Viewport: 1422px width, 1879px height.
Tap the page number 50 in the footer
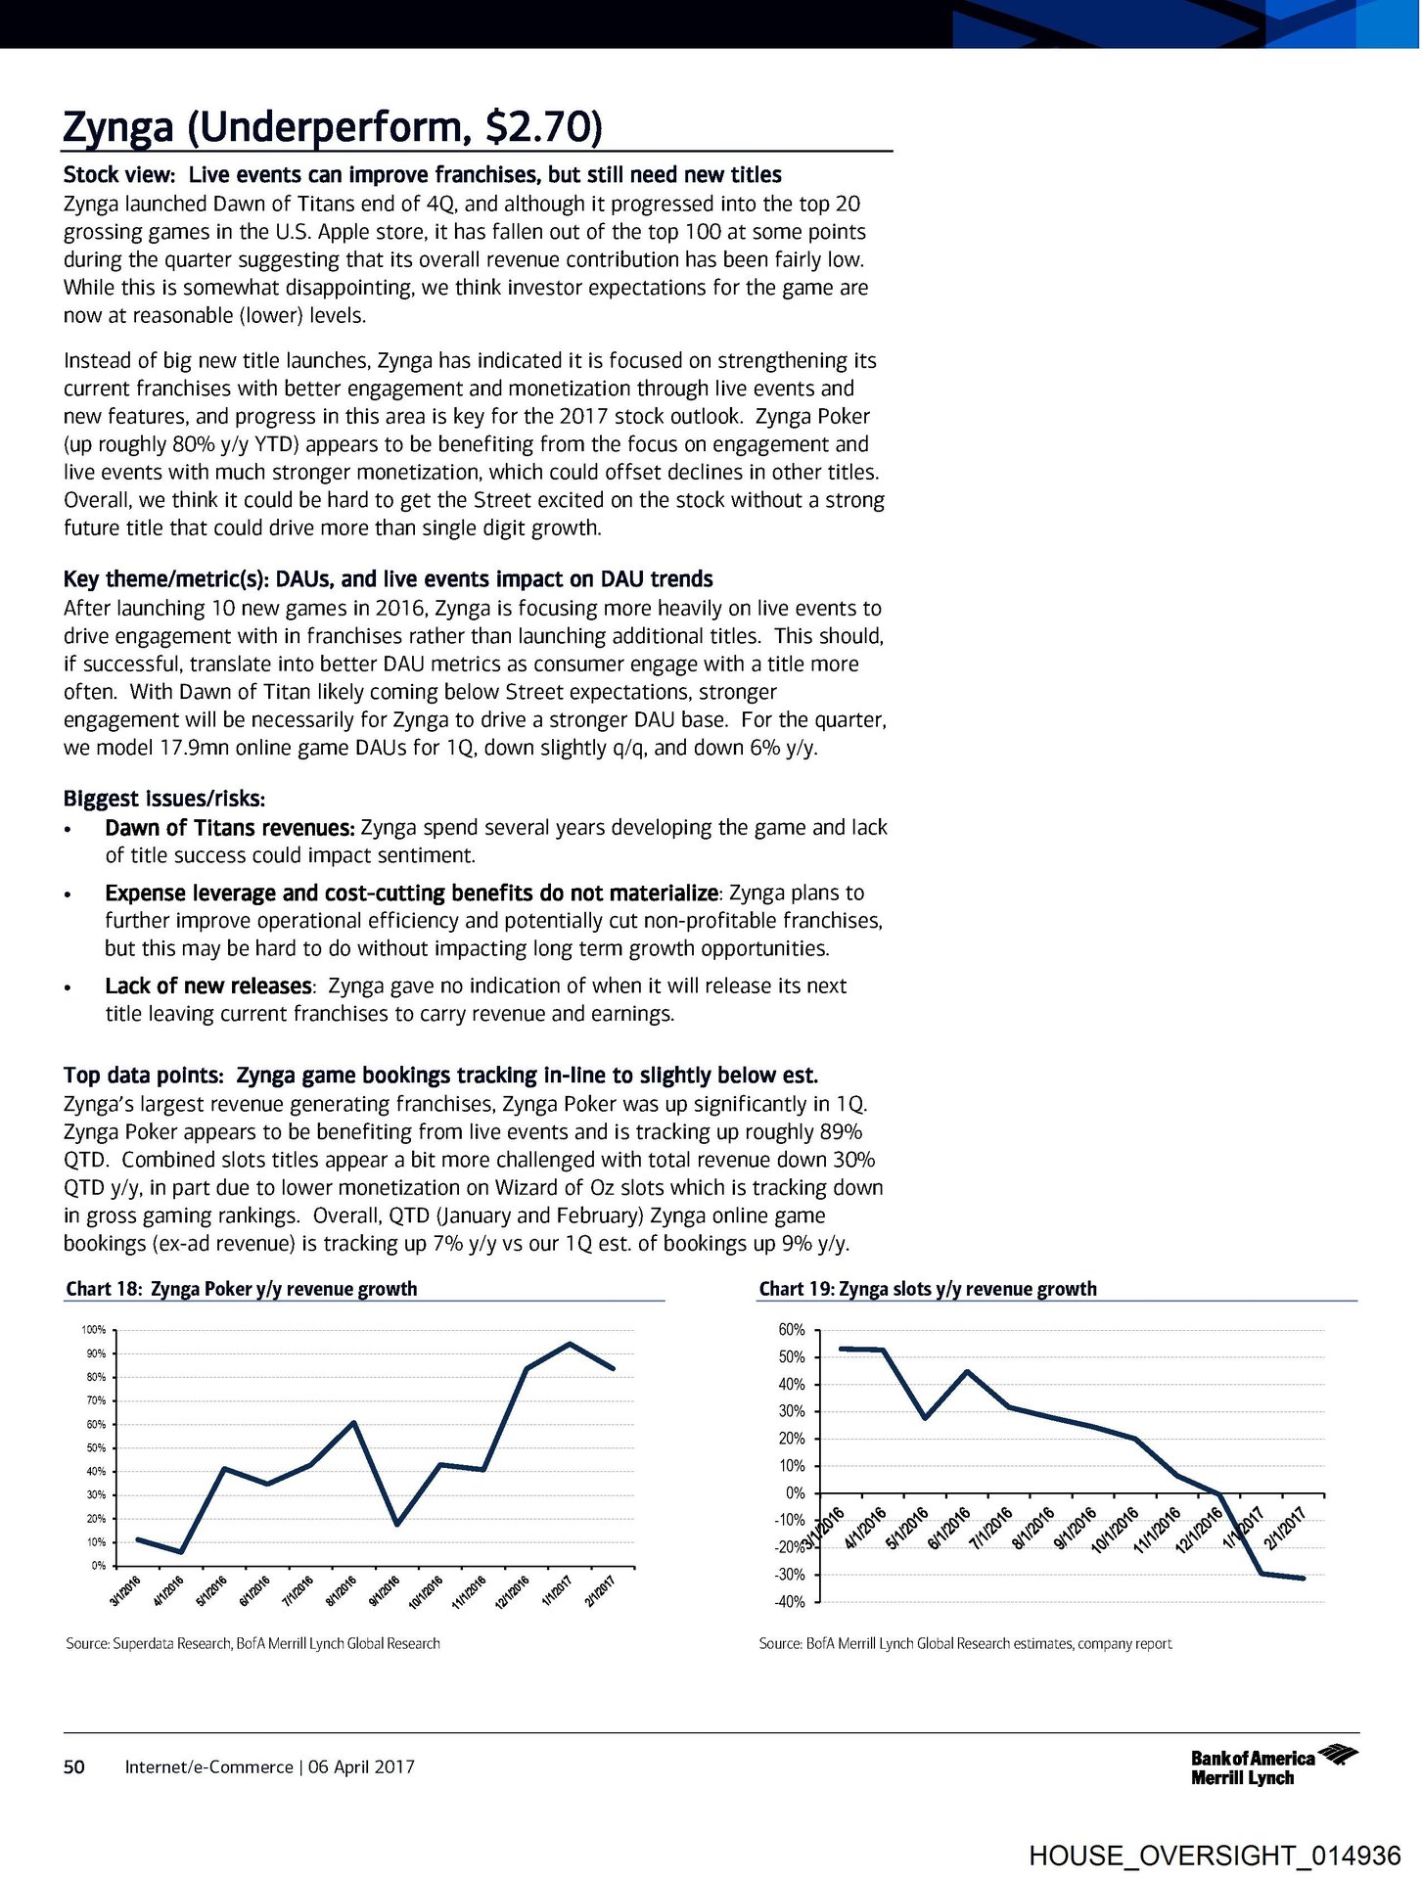[x=73, y=1766]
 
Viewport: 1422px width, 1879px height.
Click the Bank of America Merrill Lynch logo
[x=1272, y=1766]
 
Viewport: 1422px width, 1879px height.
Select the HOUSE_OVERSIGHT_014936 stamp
[x=1215, y=1856]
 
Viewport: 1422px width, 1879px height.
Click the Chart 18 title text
[x=241, y=1289]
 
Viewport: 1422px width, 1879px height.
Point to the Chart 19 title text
[x=927, y=1289]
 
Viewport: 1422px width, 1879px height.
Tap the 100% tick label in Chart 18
[x=94, y=1331]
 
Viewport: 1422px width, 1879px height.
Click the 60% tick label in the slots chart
[x=792, y=1330]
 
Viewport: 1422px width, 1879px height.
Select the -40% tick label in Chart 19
[x=790, y=1602]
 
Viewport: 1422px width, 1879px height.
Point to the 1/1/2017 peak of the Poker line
[x=570, y=1344]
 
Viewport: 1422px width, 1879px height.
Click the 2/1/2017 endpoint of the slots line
[x=1304, y=1578]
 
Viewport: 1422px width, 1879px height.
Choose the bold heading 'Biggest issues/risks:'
[x=164, y=799]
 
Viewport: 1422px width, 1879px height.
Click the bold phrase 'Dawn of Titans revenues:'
[x=229, y=828]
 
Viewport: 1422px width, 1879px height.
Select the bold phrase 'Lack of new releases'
[x=208, y=985]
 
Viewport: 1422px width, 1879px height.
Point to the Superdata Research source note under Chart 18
[x=252, y=1643]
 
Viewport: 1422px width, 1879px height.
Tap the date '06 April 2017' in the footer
[x=361, y=1766]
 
